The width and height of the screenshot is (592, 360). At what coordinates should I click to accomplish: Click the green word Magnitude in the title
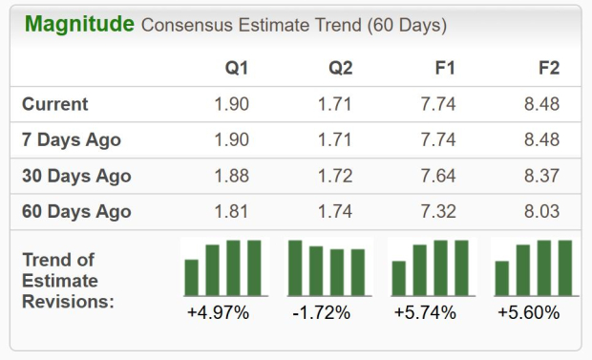(79, 25)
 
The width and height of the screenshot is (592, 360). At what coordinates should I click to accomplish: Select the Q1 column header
(237, 69)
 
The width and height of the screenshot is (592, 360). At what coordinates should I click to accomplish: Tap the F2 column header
(549, 68)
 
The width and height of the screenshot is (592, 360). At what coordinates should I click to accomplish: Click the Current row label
(55, 104)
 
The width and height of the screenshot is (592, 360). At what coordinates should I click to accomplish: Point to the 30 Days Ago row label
(76, 176)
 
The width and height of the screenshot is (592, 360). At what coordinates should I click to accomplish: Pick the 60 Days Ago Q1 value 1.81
(231, 211)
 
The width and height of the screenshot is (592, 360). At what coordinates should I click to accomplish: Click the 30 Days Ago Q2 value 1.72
(335, 176)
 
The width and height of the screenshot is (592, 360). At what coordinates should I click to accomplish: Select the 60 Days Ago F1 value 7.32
(438, 211)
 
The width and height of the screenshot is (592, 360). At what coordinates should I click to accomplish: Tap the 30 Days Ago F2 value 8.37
(541, 176)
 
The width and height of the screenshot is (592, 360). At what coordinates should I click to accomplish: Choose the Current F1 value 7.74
(438, 104)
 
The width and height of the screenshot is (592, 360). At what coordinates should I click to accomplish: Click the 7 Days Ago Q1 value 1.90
(231, 139)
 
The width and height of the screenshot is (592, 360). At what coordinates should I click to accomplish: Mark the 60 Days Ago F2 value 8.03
(541, 211)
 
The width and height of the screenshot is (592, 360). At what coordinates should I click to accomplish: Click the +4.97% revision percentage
(219, 313)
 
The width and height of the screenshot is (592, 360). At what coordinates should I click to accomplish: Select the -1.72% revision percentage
(322, 313)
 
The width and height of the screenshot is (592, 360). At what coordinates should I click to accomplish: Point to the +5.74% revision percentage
(425, 313)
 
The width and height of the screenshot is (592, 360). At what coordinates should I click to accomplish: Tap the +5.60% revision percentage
(529, 313)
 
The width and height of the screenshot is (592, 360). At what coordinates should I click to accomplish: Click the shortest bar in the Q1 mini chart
(191, 277)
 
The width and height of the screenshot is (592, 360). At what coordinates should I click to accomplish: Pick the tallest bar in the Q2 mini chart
(295, 267)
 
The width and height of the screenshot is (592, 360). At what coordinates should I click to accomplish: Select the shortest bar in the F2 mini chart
(502, 278)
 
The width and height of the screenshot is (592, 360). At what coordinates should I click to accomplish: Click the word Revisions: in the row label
(68, 302)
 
